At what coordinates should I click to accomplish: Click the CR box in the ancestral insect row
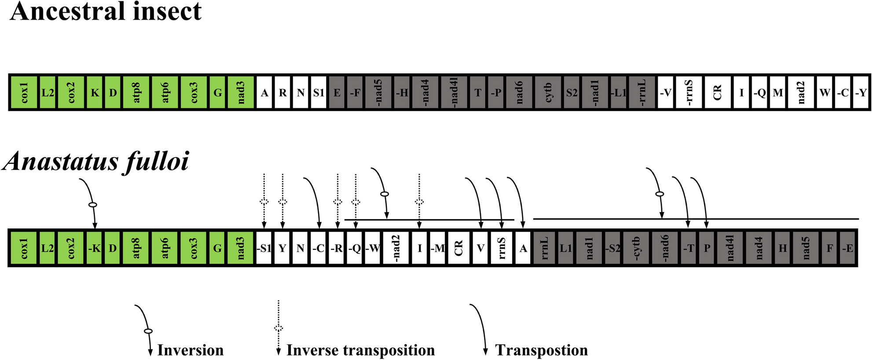click(x=717, y=92)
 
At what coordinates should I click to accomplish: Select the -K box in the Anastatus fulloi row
click(x=94, y=248)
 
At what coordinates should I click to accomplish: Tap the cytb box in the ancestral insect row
click(x=548, y=92)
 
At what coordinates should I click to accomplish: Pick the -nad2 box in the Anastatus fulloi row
click(x=396, y=248)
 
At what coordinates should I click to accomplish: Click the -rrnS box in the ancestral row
click(x=689, y=92)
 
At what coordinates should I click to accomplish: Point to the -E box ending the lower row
click(x=847, y=248)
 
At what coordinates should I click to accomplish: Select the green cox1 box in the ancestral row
click(x=24, y=92)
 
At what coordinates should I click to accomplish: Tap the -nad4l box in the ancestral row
click(x=454, y=92)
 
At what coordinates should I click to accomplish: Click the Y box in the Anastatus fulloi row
click(x=282, y=248)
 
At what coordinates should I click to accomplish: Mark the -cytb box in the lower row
click(x=636, y=248)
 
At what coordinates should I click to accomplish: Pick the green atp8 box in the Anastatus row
click(x=136, y=248)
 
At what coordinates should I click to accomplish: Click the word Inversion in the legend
click(x=190, y=350)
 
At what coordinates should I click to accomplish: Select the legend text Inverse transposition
click(x=360, y=350)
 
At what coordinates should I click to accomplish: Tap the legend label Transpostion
click(x=541, y=350)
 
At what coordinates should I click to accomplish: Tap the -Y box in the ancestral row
click(x=861, y=92)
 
